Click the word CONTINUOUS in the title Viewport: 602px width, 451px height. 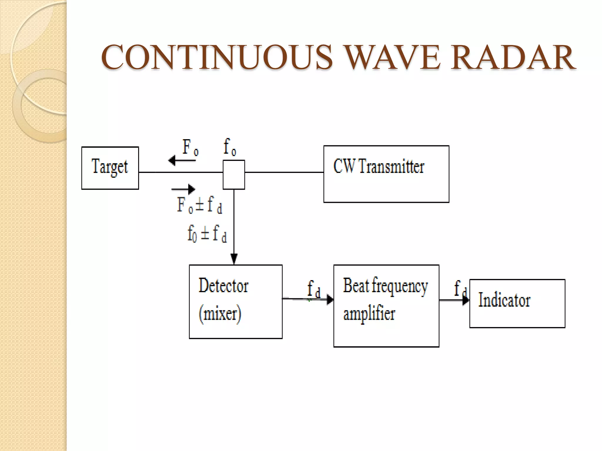(217, 57)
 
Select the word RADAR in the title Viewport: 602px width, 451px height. (513, 57)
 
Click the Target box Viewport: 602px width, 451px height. (110, 168)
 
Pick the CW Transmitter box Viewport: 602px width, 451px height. (386, 174)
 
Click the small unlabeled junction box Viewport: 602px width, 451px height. (234, 175)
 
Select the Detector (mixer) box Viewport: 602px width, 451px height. (235, 302)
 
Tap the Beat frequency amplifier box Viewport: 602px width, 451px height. (386, 306)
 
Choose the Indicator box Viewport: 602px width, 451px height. (517, 303)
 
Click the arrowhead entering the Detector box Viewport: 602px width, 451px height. (234, 259)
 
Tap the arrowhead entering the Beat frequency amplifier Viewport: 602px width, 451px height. (330, 299)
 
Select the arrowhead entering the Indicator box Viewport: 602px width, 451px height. (466, 300)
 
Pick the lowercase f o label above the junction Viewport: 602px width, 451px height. (230, 147)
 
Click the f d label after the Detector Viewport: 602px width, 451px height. (313, 289)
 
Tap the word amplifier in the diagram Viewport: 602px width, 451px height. (369, 314)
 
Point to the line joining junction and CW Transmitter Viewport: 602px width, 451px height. (284, 172)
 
